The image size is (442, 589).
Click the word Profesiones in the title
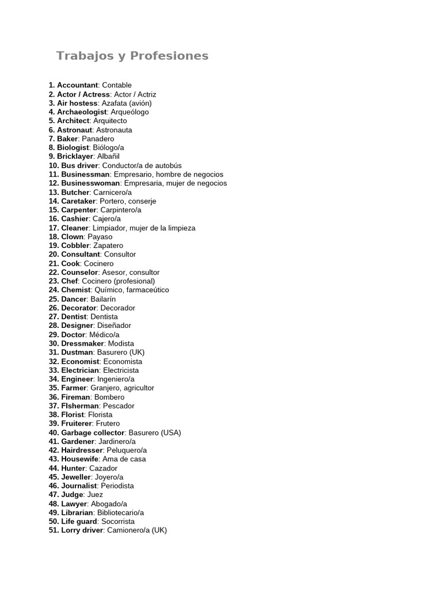point(169,56)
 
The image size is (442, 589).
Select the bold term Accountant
point(77,85)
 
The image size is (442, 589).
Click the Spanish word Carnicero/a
point(112,192)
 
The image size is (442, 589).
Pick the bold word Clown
point(73,236)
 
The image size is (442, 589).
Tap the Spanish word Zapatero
point(108,246)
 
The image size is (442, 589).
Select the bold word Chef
point(70,281)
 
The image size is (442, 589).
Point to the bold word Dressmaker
point(83,343)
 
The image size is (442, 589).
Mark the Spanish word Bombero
point(109,397)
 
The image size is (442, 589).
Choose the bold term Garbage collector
point(93,433)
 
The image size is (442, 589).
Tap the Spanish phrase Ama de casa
point(124,459)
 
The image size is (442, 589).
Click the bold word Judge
point(73,495)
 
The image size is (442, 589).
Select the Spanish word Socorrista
point(118,521)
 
